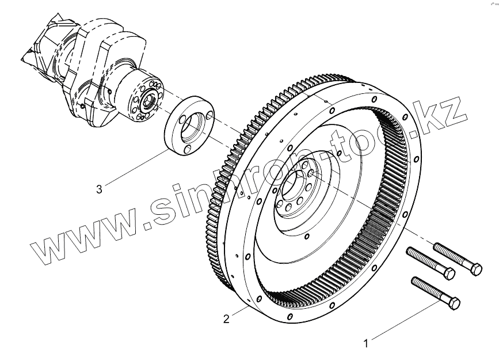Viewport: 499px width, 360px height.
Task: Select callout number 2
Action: (x=226, y=319)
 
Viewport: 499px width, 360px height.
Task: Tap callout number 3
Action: (x=99, y=188)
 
